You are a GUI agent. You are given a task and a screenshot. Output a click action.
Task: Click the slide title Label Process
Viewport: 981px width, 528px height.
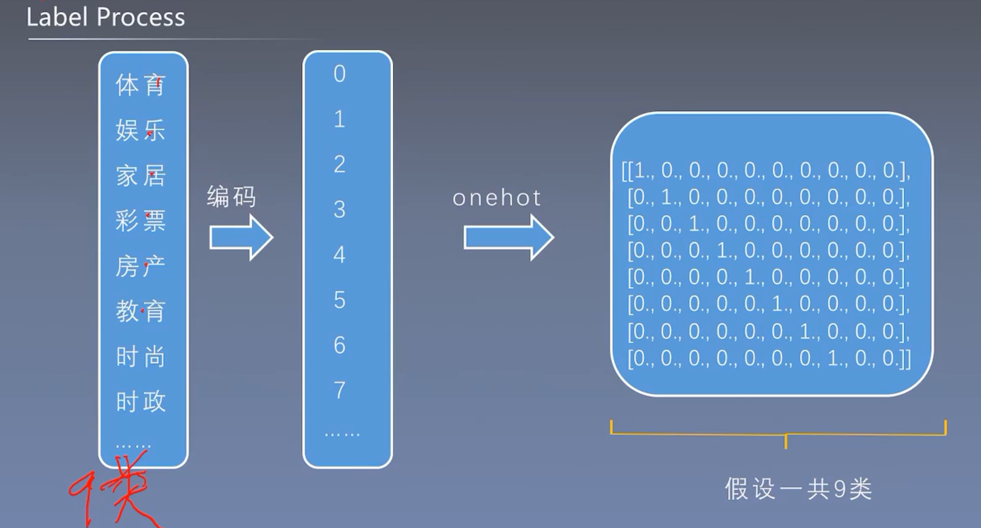106,18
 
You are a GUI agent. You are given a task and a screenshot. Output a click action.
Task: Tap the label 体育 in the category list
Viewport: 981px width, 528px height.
141,85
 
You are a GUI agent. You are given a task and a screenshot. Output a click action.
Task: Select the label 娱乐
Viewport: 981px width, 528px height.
141,130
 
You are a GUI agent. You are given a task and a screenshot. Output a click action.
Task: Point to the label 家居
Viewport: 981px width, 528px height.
141,176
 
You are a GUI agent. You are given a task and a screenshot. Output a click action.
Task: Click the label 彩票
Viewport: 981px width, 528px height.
141,221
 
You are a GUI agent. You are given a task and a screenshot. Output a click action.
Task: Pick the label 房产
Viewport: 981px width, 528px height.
141,266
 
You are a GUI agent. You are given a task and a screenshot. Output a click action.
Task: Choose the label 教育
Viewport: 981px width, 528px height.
141,311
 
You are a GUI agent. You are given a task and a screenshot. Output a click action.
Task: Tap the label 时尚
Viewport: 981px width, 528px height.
141,356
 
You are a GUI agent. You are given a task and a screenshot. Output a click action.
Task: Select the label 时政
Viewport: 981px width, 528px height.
141,401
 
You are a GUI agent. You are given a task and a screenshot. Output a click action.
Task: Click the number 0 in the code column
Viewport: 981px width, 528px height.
340,74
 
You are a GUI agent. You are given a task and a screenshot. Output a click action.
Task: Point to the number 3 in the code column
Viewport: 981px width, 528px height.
340,210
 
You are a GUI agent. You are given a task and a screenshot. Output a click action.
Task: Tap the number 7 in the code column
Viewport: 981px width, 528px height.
340,390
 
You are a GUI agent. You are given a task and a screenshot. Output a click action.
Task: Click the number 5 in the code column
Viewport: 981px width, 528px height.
340,300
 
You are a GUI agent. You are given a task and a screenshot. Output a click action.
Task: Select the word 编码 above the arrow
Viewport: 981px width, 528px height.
232,196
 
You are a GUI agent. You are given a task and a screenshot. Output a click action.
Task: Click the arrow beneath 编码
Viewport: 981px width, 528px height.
241,238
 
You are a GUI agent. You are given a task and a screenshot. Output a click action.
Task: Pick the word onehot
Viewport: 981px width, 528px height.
497,198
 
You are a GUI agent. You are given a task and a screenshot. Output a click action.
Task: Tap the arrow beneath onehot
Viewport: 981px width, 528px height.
508,238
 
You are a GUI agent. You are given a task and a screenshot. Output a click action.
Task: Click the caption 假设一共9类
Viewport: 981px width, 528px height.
798,489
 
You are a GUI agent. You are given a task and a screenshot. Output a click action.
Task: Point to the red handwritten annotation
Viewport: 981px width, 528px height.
116,489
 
